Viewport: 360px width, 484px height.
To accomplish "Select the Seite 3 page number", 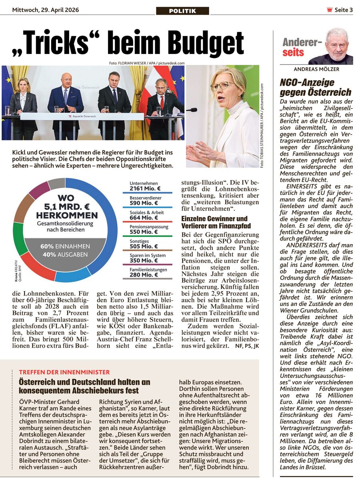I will click(x=344, y=10).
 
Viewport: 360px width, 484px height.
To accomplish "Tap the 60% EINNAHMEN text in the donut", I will click(x=65, y=247).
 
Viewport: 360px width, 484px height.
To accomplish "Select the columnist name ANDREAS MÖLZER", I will click(x=316, y=69).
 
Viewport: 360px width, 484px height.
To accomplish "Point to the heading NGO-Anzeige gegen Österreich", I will click(x=316, y=87).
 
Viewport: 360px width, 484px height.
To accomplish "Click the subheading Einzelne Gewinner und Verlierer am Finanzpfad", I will click(x=214, y=222).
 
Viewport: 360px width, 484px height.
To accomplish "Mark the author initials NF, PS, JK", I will click(x=247, y=345).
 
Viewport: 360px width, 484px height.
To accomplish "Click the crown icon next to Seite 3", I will click(x=330, y=10).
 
